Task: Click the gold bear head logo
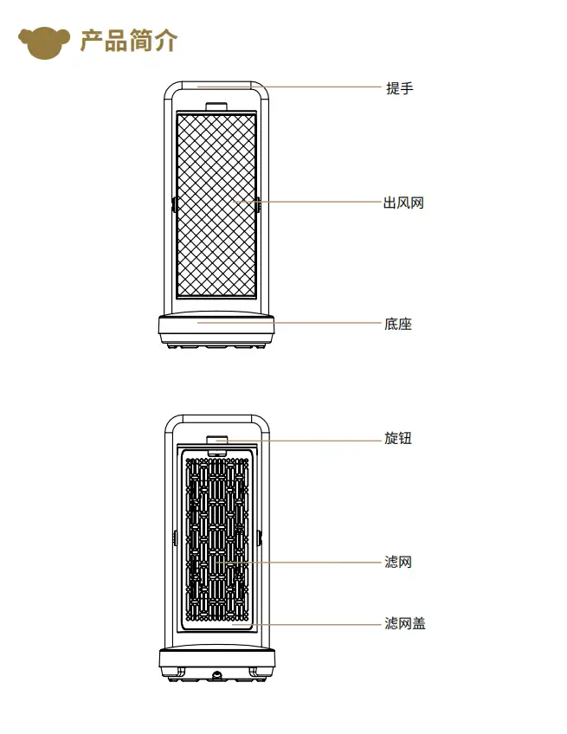click(x=44, y=42)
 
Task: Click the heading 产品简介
click(x=129, y=41)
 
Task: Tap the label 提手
click(x=399, y=88)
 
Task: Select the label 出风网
click(x=403, y=203)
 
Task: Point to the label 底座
click(x=398, y=324)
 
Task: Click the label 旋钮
click(x=398, y=438)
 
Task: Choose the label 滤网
click(x=398, y=562)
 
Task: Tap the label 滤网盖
click(x=405, y=623)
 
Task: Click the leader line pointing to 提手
click(x=289, y=87)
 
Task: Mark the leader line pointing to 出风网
click(x=308, y=202)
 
